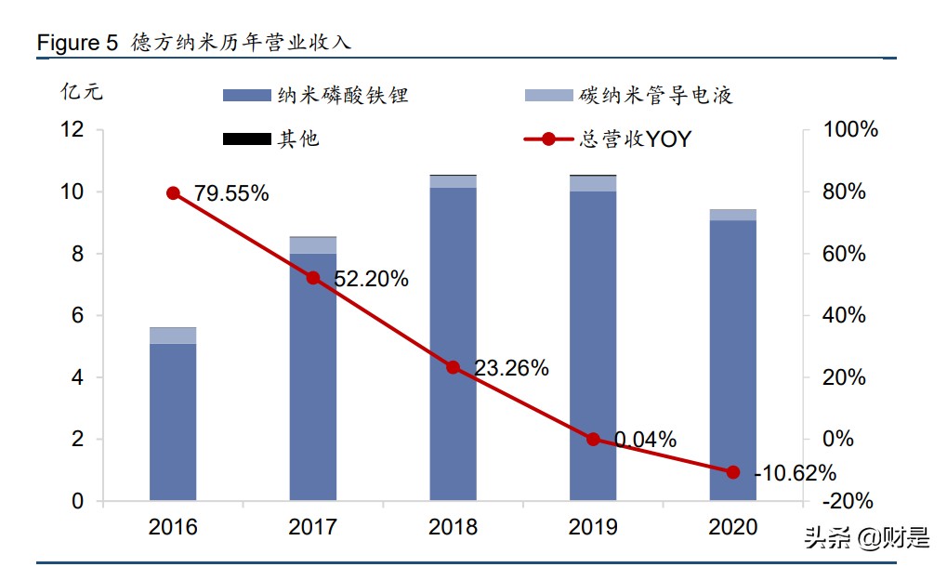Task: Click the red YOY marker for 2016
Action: pyautogui.click(x=173, y=193)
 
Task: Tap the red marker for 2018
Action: pyautogui.click(x=453, y=367)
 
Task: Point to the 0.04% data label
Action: pyautogui.click(x=645, y=439)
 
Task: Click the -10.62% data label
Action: pyautogui.click(x=795, y=473)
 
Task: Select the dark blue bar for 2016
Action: pyautogui.click(x=173, y=423)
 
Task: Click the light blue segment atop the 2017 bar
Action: pyautogui.click(x=313, y=245)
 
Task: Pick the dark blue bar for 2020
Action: pyautogui.click(x=732, y=363)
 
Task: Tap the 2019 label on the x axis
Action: pyautogui.click(x=593, y=527)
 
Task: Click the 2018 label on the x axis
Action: pyautogui.click(x=453, y=527)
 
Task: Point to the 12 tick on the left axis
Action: pyautogui.click(x=72, y=130)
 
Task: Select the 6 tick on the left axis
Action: pyautogui.click(x=78, y=316)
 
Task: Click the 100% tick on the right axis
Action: pyautogui.click(x=850, y=130)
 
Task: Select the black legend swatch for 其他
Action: pyautogui.click(x=246, y=139)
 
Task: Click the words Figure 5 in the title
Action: pyautogui.click(x=77, y=43)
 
